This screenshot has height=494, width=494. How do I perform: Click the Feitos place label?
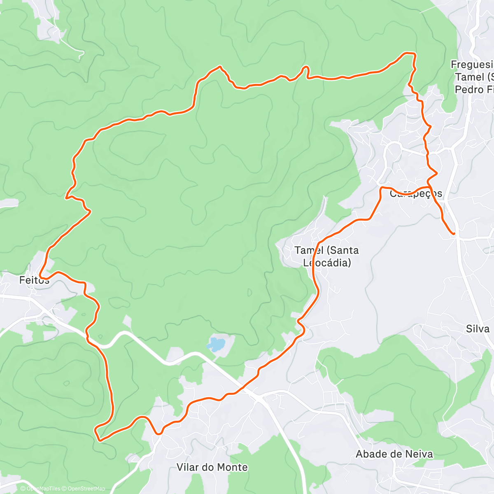(x=34, y=280)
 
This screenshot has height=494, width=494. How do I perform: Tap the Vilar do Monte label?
(x=212, y=467)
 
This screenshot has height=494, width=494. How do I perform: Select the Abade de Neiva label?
(x=394, y=454)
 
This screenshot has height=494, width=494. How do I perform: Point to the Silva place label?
(x=478, y=329)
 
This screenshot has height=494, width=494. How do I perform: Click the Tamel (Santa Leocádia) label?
(x=326, y=256)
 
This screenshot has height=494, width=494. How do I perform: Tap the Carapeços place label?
(x=416, y=194)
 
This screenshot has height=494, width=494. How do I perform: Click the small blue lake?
(x=216, y=344)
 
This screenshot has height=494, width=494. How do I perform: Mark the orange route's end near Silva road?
(x=454, y=234)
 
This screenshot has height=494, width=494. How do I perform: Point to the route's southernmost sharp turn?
(x=99, y=440)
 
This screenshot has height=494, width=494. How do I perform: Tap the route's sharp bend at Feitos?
(x=40, y=275)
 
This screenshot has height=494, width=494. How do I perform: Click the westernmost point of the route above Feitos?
(x=66, y=197)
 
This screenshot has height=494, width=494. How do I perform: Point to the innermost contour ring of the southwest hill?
(x=66, y=383)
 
